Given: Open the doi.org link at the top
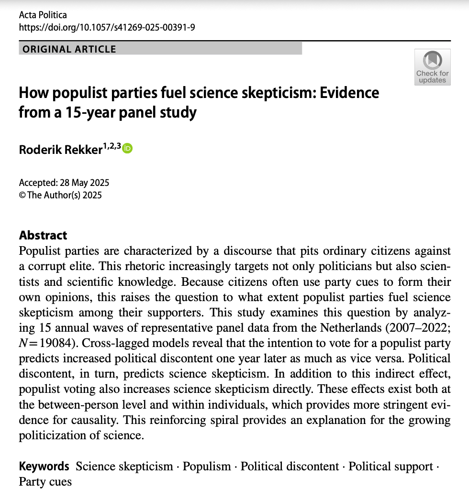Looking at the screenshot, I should pyautogui.click(x=107, y=27).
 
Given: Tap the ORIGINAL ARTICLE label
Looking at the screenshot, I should pyautogui.click(x=69, y=49).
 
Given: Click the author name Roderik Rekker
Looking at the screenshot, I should pyautogui.click(x=60, y=149).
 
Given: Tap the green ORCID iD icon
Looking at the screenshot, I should pyautogui.click(x=127, y=149).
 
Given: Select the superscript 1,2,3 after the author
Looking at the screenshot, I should pyautogui.click(x=112, y=146).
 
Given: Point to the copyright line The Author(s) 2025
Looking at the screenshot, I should pyautogui.click(x=64, y=195).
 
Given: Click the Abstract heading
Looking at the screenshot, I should pyautogui.click(x=43, y=235).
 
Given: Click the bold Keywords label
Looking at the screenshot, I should pyautogui.click(x=44, y=466).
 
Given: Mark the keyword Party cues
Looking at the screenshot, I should pyautogui.click(x=45, y=481).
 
